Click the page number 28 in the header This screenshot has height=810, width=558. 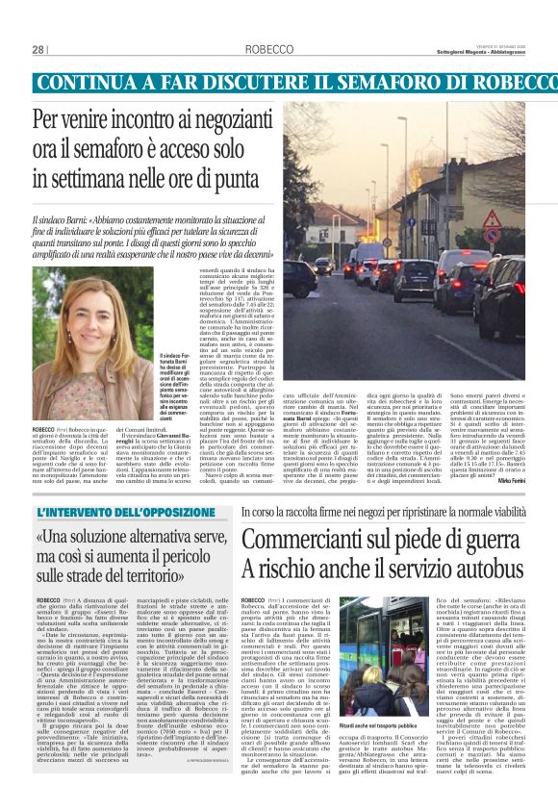coord(38,49)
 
